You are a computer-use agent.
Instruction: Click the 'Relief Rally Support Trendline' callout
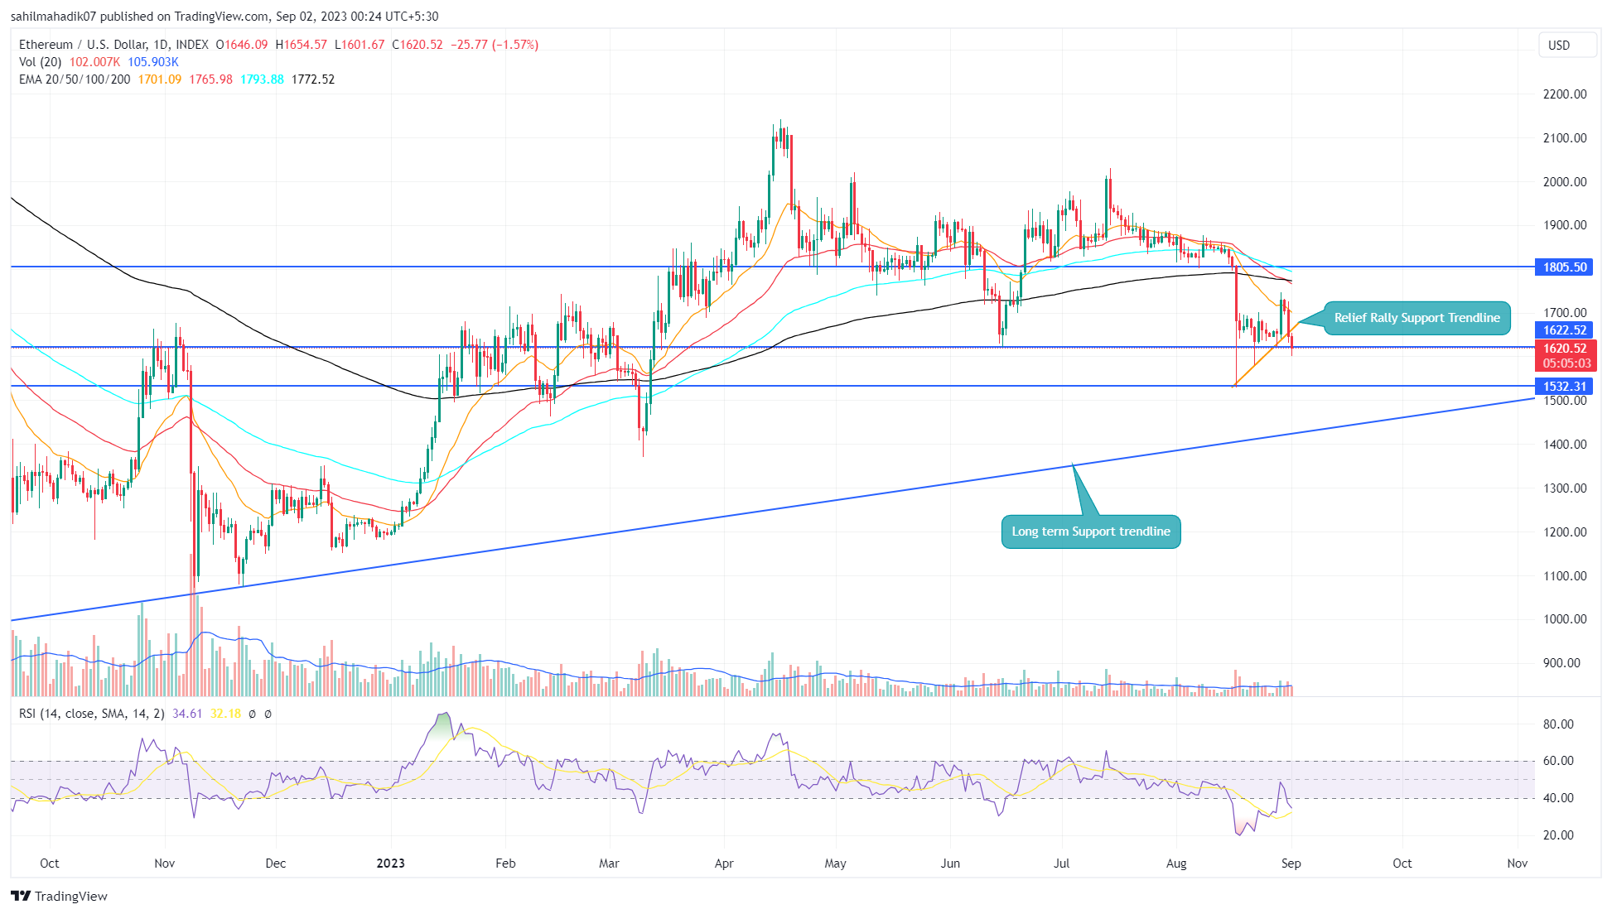point(1417,318)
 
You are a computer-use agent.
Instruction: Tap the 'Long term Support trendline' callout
point(1090,532)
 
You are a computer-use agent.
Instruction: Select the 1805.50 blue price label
point(1564,267)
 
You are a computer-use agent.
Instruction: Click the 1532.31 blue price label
point(1564,387)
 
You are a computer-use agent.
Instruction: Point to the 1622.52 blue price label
point(1564,330)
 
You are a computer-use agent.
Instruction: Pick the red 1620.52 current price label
point(1564,349)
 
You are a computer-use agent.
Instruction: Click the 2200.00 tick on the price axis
point(1564,94)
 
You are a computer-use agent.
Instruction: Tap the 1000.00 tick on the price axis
point(1564,619)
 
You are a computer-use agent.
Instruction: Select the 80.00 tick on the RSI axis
point(1558,724)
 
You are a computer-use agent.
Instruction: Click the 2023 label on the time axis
point(390,863)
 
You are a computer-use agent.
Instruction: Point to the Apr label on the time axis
point(723,863)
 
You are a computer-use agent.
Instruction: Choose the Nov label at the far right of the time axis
point(1517,863)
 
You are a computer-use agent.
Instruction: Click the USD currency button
point(1559,46)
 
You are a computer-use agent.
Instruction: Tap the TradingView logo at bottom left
point(59,897)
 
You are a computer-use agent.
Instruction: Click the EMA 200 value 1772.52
point(313,79)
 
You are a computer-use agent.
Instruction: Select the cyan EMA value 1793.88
point(262,79)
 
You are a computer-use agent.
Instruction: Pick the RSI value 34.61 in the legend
point(187,714)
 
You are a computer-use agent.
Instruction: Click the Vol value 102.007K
point(94,62)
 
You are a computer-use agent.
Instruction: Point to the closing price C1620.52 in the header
point(417,45)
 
